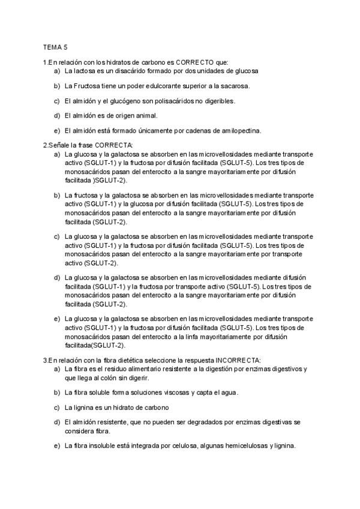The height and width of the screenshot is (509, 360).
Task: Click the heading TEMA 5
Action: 55,46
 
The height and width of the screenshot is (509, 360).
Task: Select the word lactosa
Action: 85,70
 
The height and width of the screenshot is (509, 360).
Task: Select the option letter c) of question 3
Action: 56,408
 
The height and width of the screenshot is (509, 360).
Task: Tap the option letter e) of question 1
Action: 56,130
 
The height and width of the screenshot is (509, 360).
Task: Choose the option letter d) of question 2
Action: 56,277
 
